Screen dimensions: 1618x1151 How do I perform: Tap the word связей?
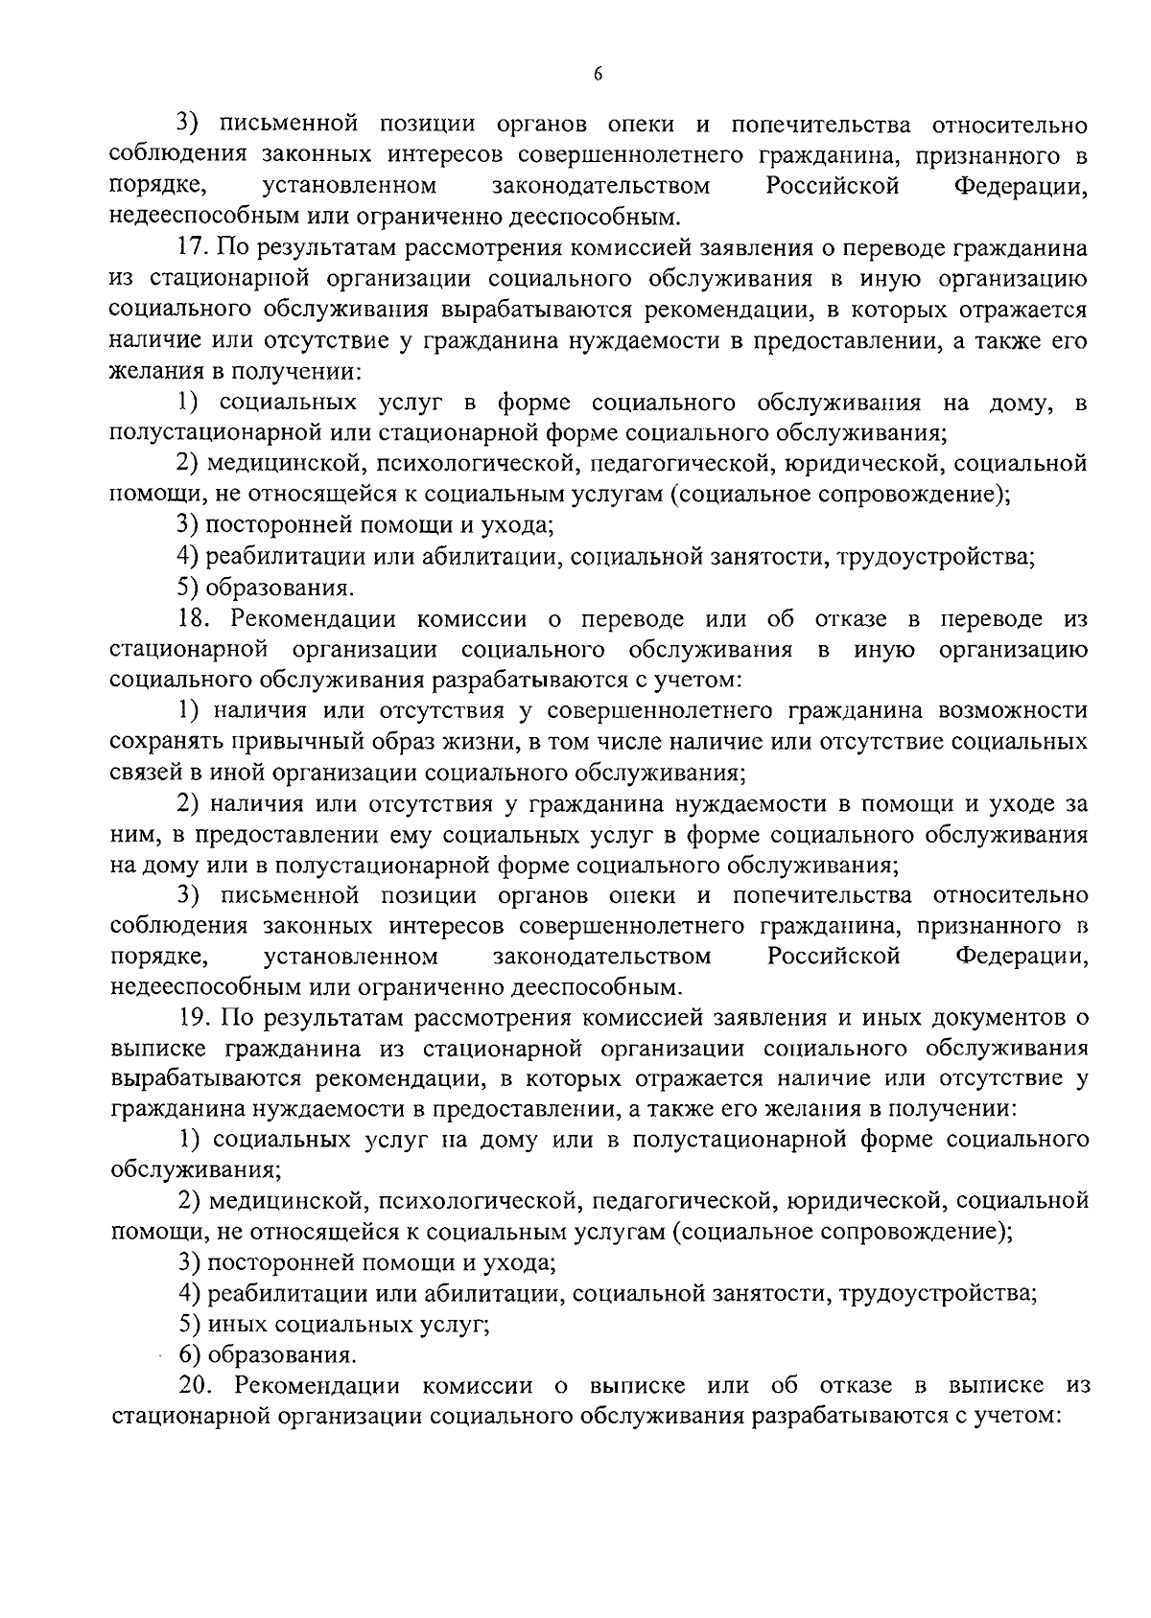[x=138, y=773]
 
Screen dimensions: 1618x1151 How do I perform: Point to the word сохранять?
[x=154, y=742]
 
